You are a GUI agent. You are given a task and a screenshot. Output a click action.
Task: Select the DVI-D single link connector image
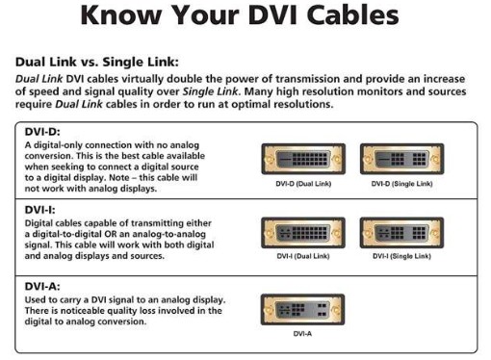[x=401, y=159]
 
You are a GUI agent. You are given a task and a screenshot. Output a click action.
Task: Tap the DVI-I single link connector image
[x=401, y=233]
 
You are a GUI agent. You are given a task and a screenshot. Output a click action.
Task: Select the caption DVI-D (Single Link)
[x=401, y=183]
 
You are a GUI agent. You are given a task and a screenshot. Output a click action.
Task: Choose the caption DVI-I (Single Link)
[x=401, y=257]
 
